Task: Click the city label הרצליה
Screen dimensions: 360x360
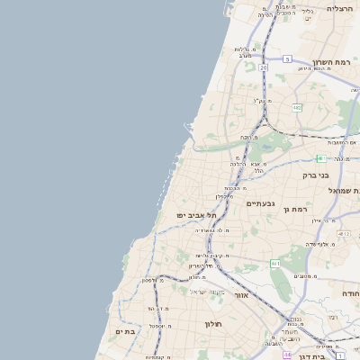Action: pos(341,8)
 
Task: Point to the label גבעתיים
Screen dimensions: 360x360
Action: pos(260,203)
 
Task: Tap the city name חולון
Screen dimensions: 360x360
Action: pos(213,324)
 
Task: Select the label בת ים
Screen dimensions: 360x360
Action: pos(125,331)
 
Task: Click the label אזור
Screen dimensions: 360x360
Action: pos(241,295)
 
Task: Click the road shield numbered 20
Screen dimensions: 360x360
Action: pos(264,67)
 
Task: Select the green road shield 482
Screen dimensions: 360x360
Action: pos(297,107)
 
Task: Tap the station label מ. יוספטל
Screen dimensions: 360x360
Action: pos(161,325)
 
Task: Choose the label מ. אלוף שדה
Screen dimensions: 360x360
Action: pos(319,243)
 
